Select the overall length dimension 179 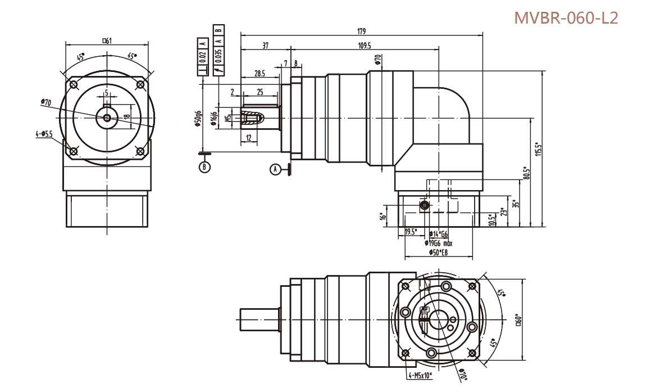(x=361, y=31)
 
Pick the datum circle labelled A (x=275, y=169)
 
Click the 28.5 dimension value (x=260, y=74)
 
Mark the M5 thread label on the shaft (x=227, y=118)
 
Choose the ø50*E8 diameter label (x=438, y=253)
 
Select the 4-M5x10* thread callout (x=421, y=373)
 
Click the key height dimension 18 (x=127, y=117)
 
